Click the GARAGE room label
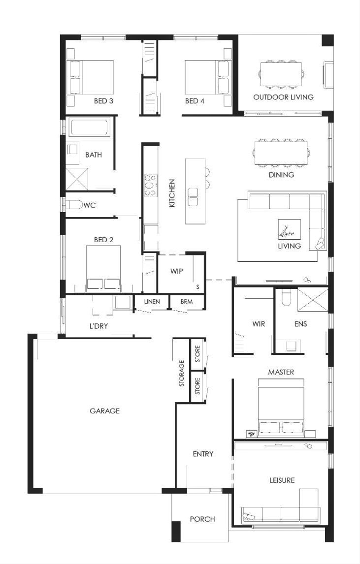point(104,410)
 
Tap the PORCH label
point(202,519)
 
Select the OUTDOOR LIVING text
point(283,97)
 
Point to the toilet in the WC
point(73,205)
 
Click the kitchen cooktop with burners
point(151,185)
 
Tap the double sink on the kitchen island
point(193,198)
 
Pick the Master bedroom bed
point(281,407)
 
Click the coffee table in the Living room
point(290,229)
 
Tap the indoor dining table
point(281,153)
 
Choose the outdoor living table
point(281,74)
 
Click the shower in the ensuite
point(313,299)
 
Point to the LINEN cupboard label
point(152,301)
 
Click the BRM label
point(187,301)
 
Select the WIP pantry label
point(176,271)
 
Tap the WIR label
point(259,324)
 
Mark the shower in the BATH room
point(77,178)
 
